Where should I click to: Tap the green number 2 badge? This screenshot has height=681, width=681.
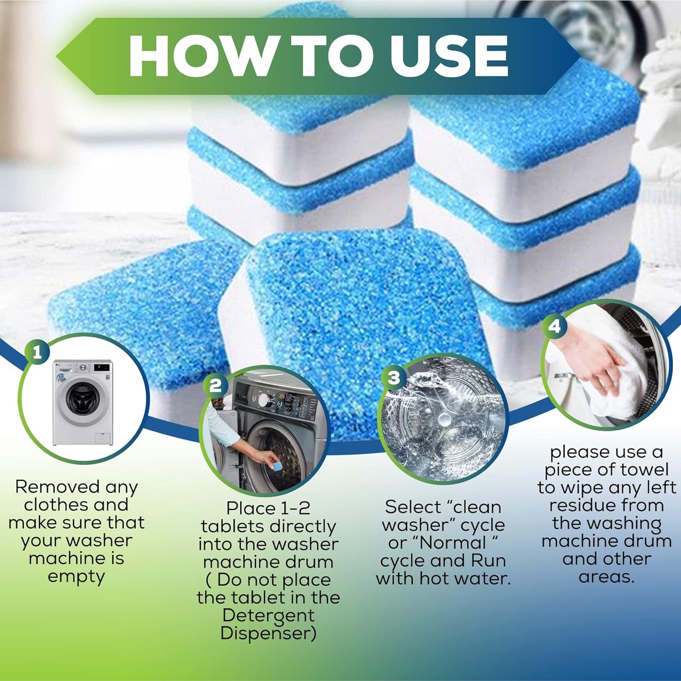[x=215, y=386]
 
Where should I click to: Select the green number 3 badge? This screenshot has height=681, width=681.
[x=394, y=377]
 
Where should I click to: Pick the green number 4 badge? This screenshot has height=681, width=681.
[x=555, y=326]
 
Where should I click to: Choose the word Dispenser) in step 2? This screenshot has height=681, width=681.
[x=268, y=633]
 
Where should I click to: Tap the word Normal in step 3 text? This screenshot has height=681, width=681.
[x=454, y=543]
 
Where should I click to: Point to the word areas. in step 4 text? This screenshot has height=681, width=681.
[x=606, y=577]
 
